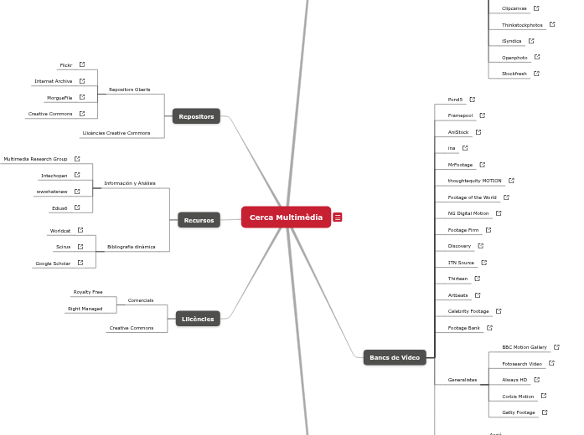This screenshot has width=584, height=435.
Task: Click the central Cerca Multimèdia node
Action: [x=286, y=217]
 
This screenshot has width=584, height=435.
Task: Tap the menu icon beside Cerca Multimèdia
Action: [x=338, y=217]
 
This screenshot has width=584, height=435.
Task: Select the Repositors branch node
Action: [x=196, y=116]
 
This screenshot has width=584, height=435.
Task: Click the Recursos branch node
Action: [x=199, y=220]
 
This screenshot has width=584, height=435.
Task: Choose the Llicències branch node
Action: [x=199, y=319]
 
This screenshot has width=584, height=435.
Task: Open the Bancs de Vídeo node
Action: [x=394, y=357]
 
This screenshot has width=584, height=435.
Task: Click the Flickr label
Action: [x=65, y=64]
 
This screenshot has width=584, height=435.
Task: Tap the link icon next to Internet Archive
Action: [x=82, y=81]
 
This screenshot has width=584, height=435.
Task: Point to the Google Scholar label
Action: [x=53, y=264]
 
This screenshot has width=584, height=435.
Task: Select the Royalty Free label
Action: [x=88, y=292]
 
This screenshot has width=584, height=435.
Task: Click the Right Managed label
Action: [x=85, y=309]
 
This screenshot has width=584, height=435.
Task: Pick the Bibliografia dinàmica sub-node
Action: [x=131, y=247]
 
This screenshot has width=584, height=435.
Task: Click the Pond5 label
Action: [x=455, y=100]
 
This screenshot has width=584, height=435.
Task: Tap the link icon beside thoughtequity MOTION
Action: [x=512, y=181]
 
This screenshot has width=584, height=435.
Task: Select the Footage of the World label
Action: [x=472, y=197]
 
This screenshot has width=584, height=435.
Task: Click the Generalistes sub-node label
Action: [x=463, y=380]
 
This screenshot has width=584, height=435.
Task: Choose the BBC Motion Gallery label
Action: [x=525, y=347]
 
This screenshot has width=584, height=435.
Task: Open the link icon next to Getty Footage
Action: [x=545, y=412]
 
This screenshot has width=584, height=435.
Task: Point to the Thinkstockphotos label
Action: [x=522, y=25]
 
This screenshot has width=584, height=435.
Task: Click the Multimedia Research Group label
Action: [x=35, y=159]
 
